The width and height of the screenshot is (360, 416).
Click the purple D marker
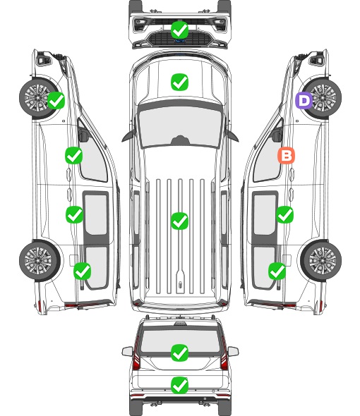click(304, 100)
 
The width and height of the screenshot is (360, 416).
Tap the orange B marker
click(286, 155)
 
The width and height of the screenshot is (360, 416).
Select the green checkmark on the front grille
click(180, 30)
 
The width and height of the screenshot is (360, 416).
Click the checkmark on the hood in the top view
click(180, 82)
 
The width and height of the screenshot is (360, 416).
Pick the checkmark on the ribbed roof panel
click(180, 221)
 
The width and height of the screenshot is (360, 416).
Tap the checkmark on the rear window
click(180, 353)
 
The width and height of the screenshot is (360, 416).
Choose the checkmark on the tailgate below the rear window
click(180, 385)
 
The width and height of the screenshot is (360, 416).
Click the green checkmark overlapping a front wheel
click(56, 100)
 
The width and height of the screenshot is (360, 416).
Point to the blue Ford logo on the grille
click(180, 41)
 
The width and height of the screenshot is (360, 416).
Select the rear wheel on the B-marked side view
click(321, 260)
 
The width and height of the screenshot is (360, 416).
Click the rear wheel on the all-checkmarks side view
click(40, 260)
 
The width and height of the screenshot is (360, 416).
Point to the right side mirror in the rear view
click(233, 351)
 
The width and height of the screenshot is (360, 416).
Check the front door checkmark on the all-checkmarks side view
click(74, 155)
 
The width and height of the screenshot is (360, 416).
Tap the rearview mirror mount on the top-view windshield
click(180, 140)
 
